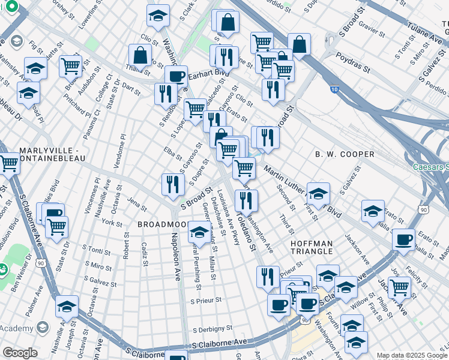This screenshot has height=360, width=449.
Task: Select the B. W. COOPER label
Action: point(345,154)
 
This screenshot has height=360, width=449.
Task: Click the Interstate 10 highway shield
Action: point(334,89)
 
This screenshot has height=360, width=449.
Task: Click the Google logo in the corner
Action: point(20,353)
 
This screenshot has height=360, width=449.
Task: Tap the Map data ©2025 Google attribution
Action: point(411,355)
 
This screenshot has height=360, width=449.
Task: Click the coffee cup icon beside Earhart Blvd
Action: point(176,77)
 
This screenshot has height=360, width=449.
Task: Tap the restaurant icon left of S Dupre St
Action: point(172,185)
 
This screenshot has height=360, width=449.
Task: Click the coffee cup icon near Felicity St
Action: point(403,240)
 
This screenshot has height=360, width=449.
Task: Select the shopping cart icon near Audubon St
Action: point(71,65)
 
